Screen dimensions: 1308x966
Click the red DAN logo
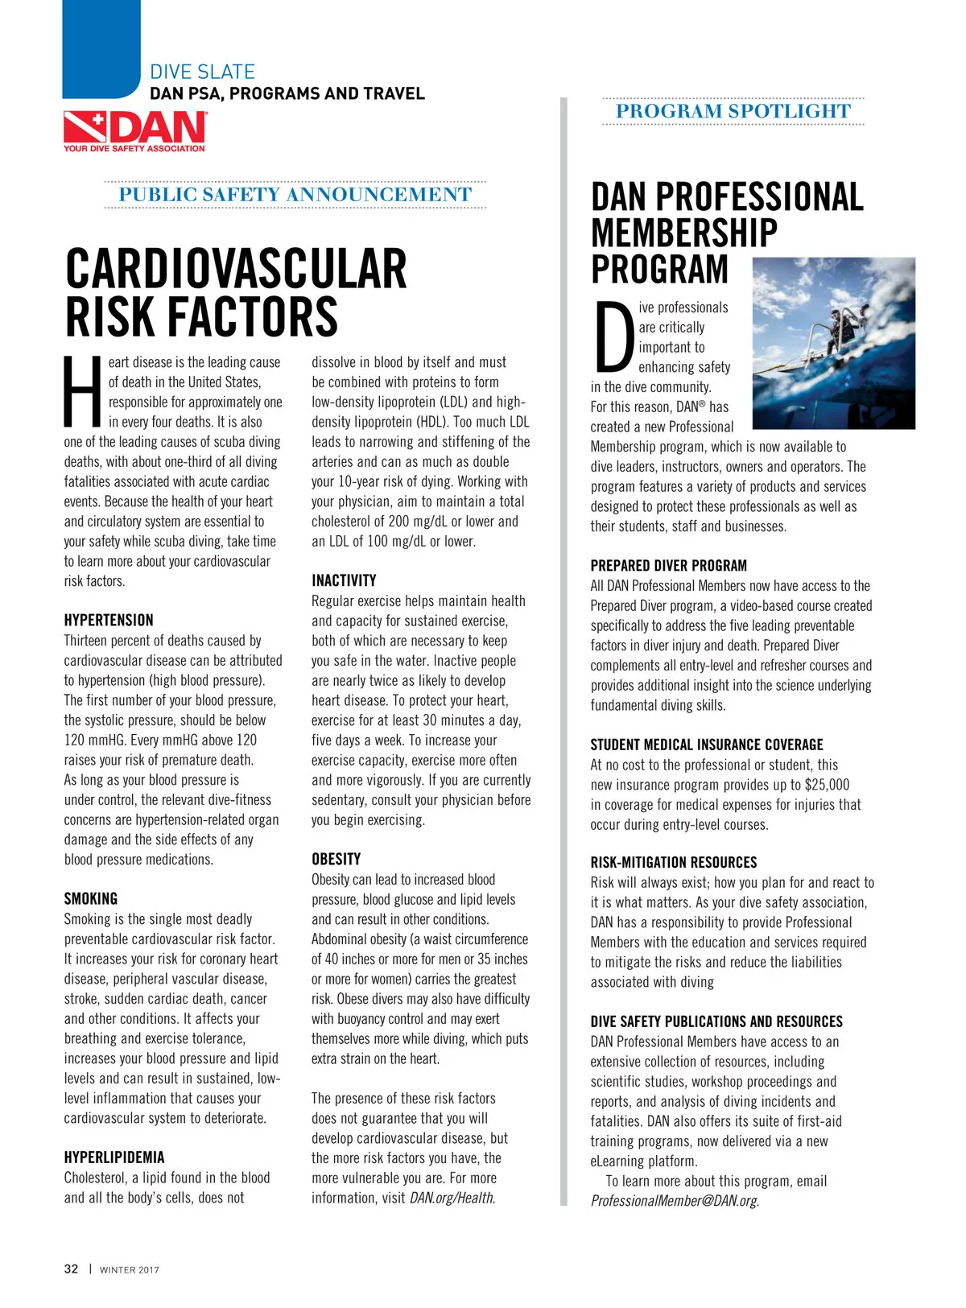click(x=134, y=130)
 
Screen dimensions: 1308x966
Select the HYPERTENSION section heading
click(x=109, y=621)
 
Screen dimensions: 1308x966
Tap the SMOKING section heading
click(x=91, y=899)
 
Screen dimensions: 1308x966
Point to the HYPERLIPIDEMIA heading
click(x=114, y=1157)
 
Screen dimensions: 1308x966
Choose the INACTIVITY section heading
click(x=344, y=580)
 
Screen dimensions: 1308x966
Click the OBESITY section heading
click(x=336, y=859)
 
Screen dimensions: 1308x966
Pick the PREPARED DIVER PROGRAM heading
click(x=668, y=566)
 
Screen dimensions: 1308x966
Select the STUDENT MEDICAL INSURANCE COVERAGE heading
click(x=707, y=745)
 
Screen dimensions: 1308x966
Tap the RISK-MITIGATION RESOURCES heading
click(x=674, y=862)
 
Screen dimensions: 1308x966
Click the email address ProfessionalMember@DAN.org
click(x=674, y=1201)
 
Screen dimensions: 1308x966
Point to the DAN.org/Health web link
click(x=452, y=1198)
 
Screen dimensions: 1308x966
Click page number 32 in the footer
click(x=72, y=1269)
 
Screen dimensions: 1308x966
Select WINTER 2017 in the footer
click(x=130, y=1270)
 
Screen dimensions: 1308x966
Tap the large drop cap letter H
click(x=84, y=392)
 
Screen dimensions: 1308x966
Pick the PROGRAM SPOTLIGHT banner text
click(x=733, y=111)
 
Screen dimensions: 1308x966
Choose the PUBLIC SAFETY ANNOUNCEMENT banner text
click(x=295, y=195)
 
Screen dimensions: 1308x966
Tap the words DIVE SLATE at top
click(x=202, y=72)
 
